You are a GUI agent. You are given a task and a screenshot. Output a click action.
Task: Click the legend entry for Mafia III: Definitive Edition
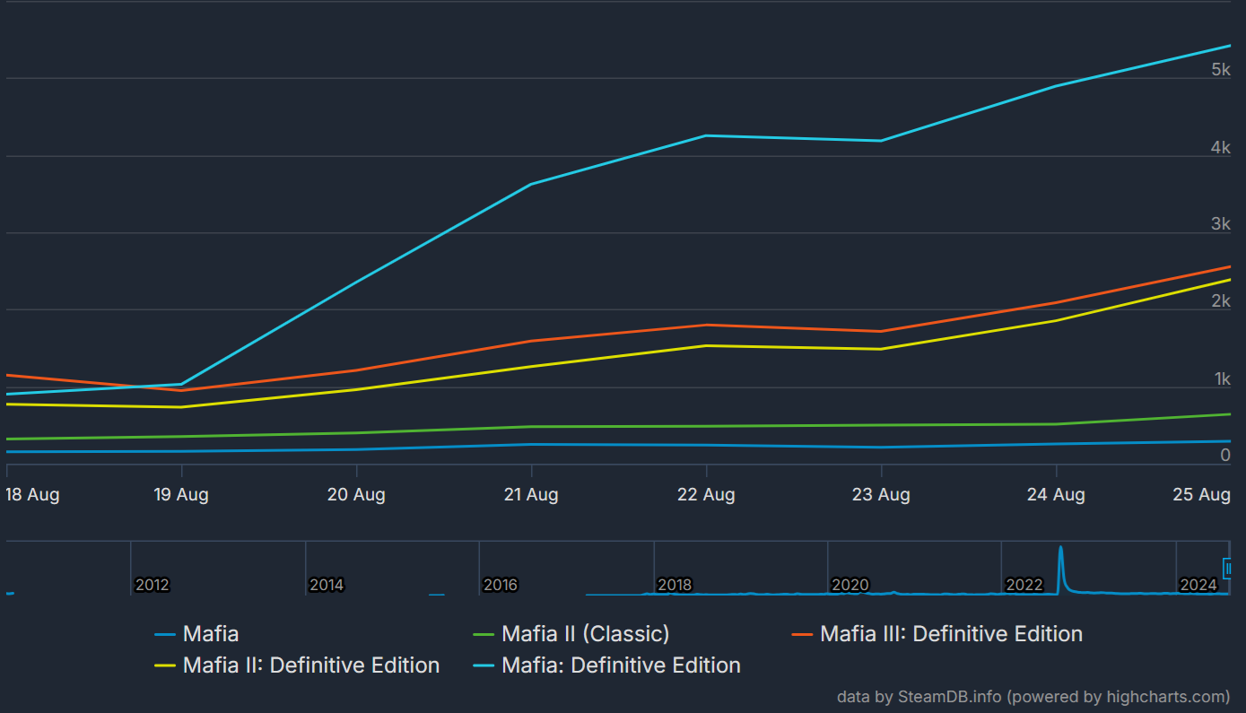click(951, 634)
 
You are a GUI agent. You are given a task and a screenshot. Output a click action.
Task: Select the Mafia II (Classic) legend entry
click(585, 634)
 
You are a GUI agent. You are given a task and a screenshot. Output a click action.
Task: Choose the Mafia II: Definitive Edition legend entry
click(310, 665)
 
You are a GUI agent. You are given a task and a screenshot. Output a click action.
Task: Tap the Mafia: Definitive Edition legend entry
click(621, 665)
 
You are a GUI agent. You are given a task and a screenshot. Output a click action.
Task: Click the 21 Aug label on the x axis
click(531, 494)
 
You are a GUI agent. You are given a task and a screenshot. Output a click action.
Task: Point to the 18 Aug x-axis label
click(32, 494)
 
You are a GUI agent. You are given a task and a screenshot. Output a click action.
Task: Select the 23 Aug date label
click(881, 494)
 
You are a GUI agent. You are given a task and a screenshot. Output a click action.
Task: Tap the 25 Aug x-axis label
click(1202, 494)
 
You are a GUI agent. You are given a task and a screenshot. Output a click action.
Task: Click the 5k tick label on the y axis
click(1220, 70)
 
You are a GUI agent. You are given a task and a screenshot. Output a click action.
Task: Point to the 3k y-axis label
click(1220, 224)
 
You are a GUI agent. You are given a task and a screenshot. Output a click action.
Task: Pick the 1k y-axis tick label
click(1222, 379)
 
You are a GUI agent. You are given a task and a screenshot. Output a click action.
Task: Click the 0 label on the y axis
click(1224, 456)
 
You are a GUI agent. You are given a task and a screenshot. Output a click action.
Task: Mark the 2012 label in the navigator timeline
click(152, 585)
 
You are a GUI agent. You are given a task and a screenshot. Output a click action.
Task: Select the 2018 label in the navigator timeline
click(675, 585)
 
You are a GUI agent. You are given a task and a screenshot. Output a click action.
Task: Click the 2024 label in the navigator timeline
click(1198, 585)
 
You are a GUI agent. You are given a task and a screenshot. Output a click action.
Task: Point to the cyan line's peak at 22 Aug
click(706, 135)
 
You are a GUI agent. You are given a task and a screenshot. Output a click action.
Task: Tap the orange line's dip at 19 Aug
click(181, 390)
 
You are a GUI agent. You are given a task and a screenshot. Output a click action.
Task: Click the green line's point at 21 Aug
click(531, 426)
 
